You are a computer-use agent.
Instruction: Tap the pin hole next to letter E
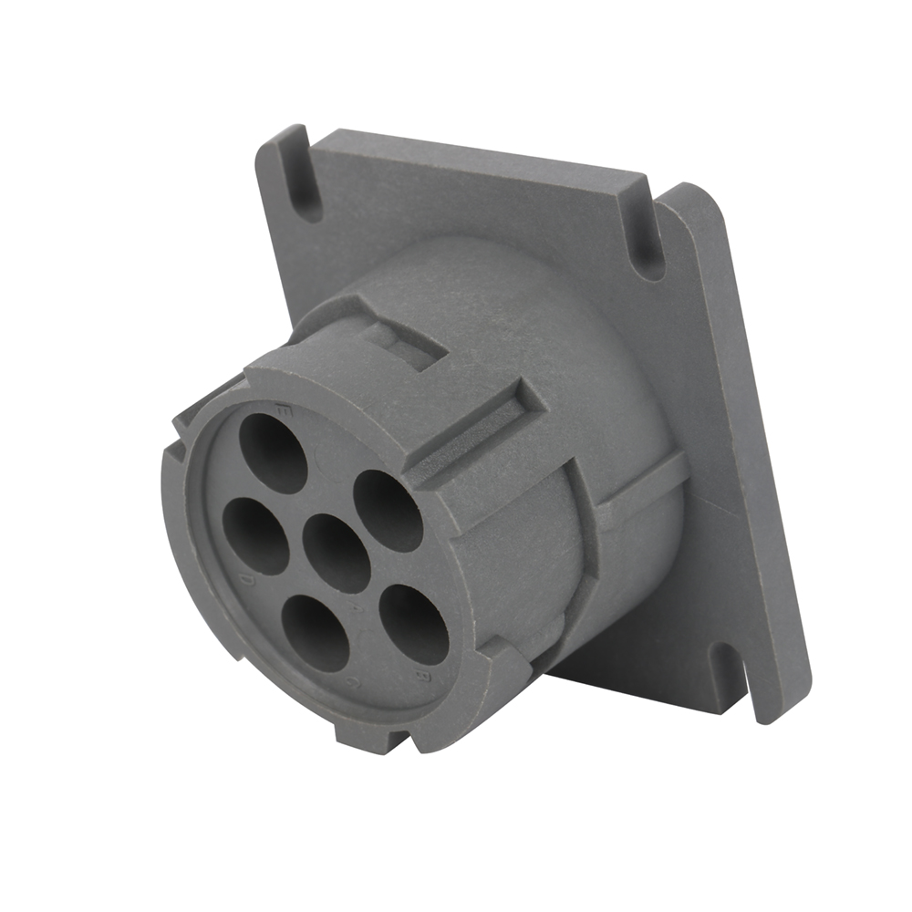click(x=273, y=453)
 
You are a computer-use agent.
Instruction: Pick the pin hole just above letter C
click(x=316, y=633)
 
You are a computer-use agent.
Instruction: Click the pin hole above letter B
click(x=413, y=625)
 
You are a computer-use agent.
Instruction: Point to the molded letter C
click(x=351, y=682)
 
